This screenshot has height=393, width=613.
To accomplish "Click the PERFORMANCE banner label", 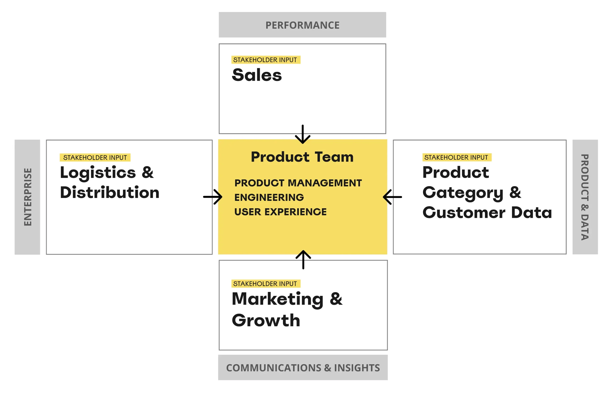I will pos(302,25).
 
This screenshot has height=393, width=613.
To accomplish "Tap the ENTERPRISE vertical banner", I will pos(27,197).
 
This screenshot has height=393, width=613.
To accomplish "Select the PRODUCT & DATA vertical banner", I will pos(585,197).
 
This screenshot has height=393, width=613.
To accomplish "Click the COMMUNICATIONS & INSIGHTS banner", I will pos(303,368).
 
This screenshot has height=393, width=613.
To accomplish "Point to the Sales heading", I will pos(257,75).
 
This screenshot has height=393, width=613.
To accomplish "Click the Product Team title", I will pos(302,157).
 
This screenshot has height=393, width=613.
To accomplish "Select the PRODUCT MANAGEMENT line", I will pos(298,183).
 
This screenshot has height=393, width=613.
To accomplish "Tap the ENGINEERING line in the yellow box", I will pos(269,197).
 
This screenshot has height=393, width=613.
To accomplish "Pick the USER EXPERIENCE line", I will pos(280,212).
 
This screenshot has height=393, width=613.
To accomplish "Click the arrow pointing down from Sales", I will pos(303,134).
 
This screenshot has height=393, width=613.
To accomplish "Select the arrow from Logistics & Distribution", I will pos(213,197).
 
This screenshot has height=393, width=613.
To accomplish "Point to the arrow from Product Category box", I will pos(392,197).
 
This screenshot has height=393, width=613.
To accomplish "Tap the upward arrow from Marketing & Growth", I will pos(303,260).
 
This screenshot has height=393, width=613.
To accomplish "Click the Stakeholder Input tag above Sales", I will pos(266,60).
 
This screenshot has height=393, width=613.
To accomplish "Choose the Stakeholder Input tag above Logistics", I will pos(95,157).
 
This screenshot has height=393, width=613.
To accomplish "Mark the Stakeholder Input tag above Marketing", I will pos(266,284).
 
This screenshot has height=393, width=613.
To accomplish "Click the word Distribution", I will pos(110,192).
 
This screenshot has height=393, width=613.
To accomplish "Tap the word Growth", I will pos(266,320).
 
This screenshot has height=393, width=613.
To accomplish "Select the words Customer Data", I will pos(487,213).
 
